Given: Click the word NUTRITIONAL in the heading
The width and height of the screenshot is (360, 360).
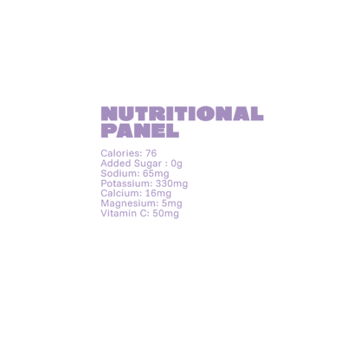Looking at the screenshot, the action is (182, 113).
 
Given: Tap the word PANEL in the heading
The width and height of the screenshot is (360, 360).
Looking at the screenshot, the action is (140, 131).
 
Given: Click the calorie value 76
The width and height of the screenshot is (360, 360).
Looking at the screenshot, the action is (151, 153).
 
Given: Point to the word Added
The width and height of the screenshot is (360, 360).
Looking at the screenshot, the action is (116, 164).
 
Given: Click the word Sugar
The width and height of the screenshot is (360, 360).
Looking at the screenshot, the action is (148, 164).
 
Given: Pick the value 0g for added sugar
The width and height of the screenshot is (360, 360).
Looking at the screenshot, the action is (177, 164).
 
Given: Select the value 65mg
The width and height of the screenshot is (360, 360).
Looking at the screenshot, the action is (156, 174).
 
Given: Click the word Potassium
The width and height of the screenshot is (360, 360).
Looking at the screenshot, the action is (126, 183).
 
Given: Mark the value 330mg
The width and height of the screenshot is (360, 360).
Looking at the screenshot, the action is (171, 183).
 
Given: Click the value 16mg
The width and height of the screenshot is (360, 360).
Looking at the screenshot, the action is (158, 194).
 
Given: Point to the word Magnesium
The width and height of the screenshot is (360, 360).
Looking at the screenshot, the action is (130, 203).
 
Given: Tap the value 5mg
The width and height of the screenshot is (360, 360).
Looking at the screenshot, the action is (172, 203).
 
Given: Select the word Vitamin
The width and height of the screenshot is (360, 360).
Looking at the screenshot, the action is (119, 214).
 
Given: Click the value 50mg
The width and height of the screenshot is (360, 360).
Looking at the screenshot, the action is (165, 214).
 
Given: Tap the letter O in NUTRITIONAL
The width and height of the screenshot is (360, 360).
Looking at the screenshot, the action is (204, 113).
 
